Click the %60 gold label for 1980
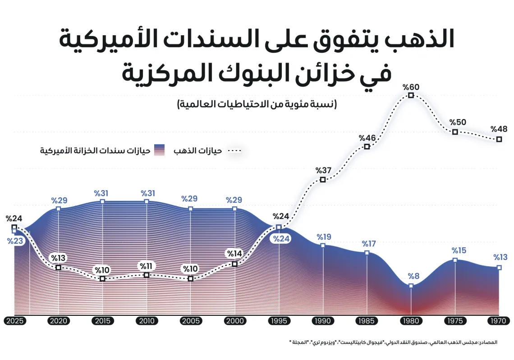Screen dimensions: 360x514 (x=411, y=87)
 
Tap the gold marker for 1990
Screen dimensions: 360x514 (x=323, y=180)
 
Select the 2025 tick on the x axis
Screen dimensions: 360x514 (x=14, y=321)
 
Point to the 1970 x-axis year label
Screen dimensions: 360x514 (x=499, y=321)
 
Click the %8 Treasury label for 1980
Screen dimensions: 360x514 (x=411, y=276)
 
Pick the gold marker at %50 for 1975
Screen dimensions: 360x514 (x=455, y=132)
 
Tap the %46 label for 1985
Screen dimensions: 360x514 (x=367, y=138)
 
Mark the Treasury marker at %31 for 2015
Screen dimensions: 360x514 (x=103, y=201)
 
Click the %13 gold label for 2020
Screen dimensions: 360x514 (x=58, y=258)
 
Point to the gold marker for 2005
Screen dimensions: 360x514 (x=191, y=279)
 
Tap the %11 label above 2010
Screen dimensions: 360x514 (x=147, y=265)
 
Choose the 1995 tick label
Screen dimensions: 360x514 (x=279, y=321)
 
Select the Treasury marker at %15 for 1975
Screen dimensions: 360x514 (x=455, y=260)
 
